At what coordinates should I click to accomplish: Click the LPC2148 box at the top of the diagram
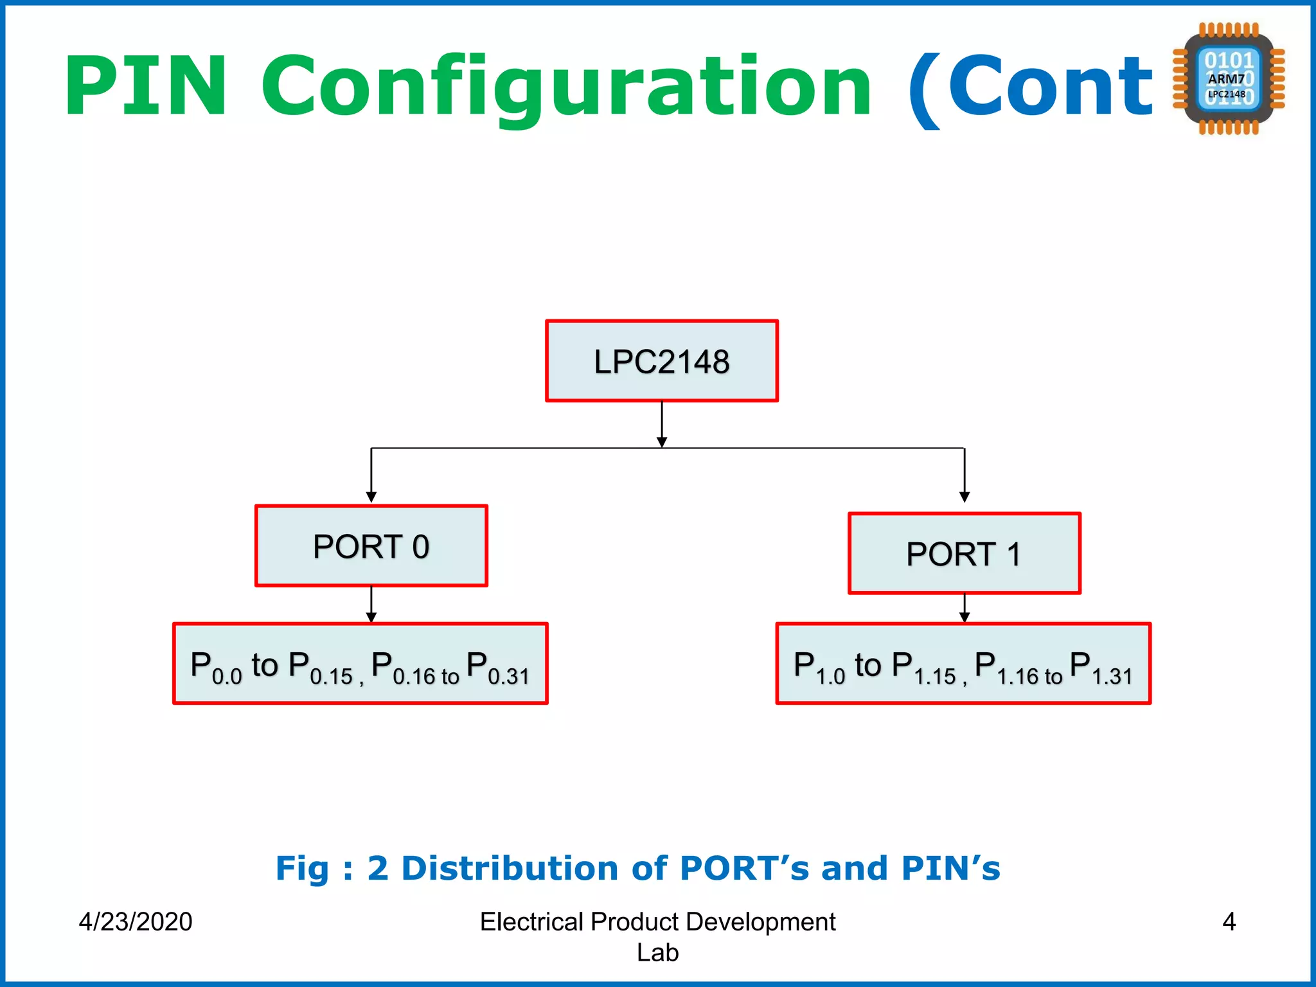tap(662, 361)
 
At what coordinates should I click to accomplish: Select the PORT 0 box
tap(371, 546)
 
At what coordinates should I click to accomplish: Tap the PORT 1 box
tap(964, 553)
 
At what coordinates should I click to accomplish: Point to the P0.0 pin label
tap(216, 666)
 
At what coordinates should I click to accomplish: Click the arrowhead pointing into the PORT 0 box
tap(371, 497)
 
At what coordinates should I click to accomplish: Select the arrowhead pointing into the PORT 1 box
tap(965, 497)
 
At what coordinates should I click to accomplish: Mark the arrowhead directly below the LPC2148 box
tap(662, 442)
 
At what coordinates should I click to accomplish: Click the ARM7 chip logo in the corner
tap(1228, 79)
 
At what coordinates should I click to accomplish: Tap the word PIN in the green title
tap(146, 86)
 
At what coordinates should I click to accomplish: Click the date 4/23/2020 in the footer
tap(136, 921)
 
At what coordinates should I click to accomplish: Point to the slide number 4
tap(1229, 921)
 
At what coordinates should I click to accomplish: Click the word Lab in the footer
tap(657, 952)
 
